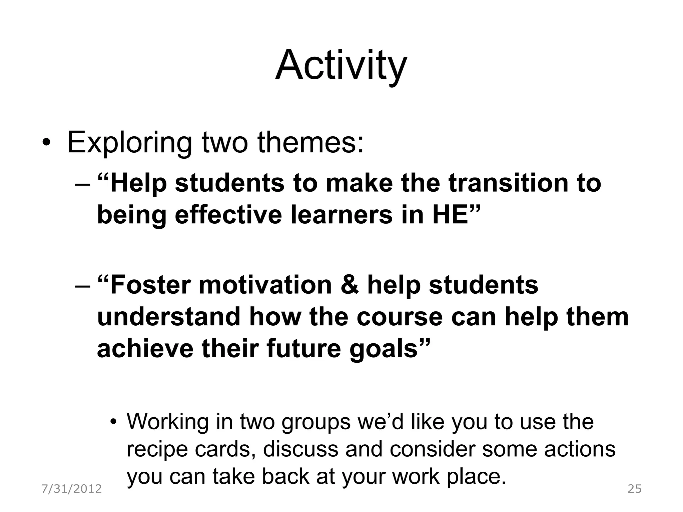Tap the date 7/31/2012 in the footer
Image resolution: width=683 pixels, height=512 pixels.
[x=71, y=489]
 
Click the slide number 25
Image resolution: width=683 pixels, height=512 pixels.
[x=634, y=489]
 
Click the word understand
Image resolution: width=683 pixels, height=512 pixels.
[x=168, y=317]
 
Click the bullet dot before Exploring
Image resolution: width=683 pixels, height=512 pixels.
[x=46, y=144]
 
